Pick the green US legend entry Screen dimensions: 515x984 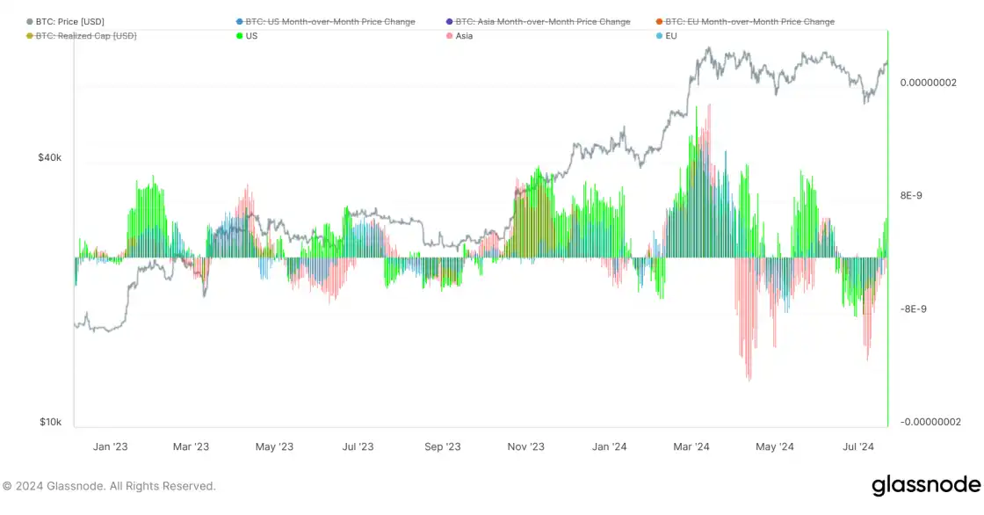click(x=251, y=35)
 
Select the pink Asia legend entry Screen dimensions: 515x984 click(x=464, y=35)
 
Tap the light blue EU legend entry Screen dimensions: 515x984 click(x=671, y=35)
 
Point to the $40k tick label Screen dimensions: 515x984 click(x=49, y=158)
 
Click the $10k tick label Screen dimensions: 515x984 click(x=49, y=422)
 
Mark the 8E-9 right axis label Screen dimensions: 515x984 click(x=913, y=196)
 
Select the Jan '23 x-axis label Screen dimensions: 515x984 click(x=110, y=447)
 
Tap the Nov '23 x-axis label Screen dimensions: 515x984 click(x=525, y=447)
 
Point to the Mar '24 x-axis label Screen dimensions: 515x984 click(x=691, y=447)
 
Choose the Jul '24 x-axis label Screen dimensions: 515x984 click(x=858, y=447)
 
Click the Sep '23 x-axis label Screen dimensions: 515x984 click(x=442, y=447)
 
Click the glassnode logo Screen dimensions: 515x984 click(x=925, y=485)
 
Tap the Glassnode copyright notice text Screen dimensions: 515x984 click(x=108, y=486)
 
